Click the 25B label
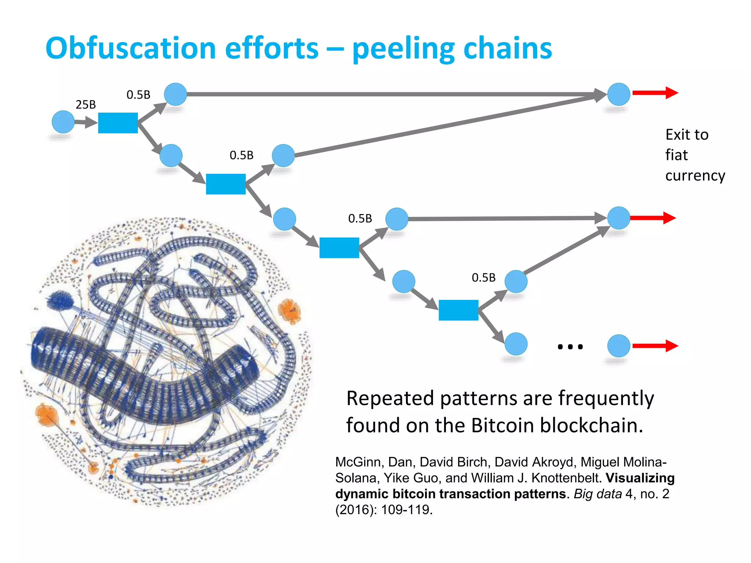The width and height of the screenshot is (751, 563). point(85,105)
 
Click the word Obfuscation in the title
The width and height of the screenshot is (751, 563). point(130,48)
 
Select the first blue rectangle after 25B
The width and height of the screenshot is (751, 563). point(118,123)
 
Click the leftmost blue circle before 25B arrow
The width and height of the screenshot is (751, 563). point(63,122)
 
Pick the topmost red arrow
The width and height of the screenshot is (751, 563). point(655,93)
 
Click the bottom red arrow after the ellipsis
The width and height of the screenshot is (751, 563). point(655,346)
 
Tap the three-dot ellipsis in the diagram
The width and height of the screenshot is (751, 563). point(570,347)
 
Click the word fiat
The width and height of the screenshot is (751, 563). point(676,155)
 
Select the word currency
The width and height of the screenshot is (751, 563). point(695,176)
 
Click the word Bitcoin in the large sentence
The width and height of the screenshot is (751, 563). point(503,426)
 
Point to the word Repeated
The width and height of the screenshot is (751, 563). point(390,398)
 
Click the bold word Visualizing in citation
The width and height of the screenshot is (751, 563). point(640,478)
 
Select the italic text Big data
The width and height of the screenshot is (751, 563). point(598,494)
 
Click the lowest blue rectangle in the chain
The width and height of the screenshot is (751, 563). point(458,310)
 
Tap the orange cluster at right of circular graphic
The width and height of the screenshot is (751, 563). point(290,311)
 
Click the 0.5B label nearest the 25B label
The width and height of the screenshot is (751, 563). point(138,95)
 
